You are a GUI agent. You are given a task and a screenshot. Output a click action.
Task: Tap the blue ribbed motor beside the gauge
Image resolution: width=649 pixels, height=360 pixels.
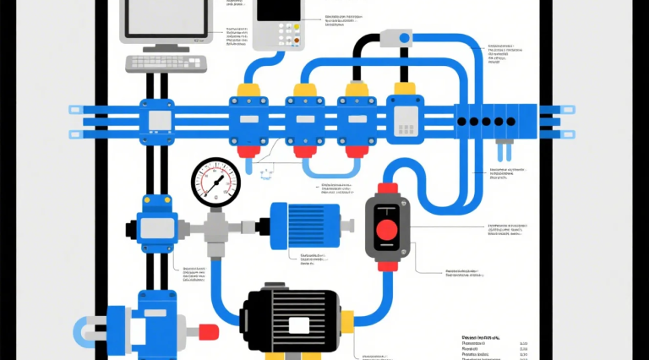tap(304, 226)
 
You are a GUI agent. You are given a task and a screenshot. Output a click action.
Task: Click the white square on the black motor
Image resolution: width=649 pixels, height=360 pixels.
tap(299, 325)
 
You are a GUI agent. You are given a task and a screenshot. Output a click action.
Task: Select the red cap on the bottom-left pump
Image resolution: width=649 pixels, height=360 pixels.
tap(208, 331)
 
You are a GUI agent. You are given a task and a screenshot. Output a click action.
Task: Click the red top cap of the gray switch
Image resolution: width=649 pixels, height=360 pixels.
tap(388, 188)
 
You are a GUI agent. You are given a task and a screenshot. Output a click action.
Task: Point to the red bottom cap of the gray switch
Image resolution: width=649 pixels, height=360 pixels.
tap(388, 266)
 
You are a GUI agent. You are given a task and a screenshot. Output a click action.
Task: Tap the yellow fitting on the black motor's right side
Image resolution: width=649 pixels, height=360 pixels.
tap(348, 320)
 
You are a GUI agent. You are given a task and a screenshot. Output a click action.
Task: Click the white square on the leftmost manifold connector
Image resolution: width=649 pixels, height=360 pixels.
tap(160, 121)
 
